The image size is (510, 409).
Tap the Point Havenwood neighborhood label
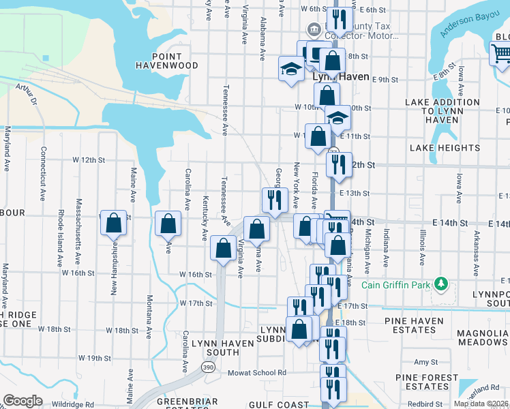tap(167, 61)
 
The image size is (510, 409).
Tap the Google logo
tap(22, 401)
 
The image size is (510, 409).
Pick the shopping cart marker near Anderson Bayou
tap(500, 52)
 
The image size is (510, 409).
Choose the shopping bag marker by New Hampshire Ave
tap(114, 223)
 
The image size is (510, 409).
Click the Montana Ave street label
tap(149, 313)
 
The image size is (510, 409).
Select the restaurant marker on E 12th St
tap(337, 164)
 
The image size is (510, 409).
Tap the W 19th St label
tap(94, 358)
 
